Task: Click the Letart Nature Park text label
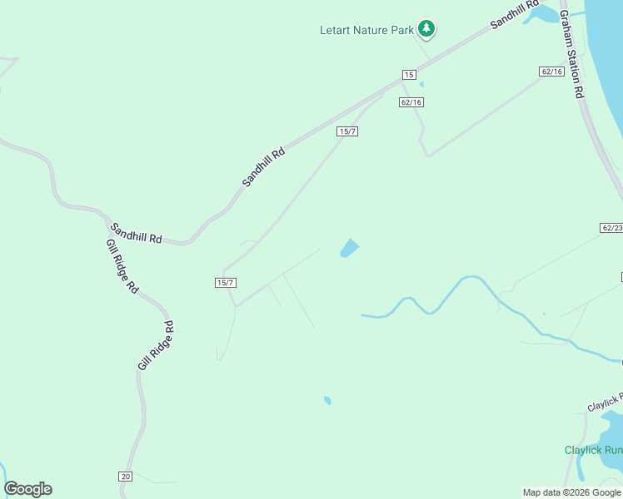point(366,31)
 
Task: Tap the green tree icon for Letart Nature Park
point(426,29)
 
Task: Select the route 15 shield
point(408,75)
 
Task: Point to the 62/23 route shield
point(611,227)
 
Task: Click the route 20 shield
point(125,476)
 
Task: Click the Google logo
point(27,489)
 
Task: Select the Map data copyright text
point(571,492)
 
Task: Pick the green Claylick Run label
point(593,450)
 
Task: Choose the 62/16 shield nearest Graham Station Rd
point(551,72)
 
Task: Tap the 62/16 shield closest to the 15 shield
point(411,102)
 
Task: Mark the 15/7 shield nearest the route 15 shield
point(347,131)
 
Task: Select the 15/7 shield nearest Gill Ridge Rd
point(226,283)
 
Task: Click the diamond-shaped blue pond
point(349,248)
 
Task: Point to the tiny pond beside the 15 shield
point(421,84)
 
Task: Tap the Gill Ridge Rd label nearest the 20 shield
point(157,345)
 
